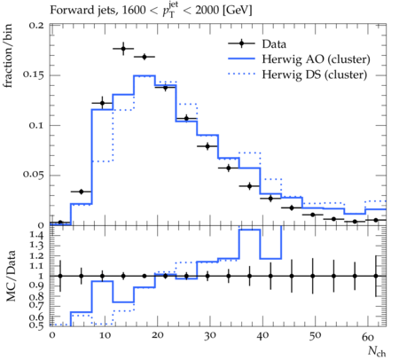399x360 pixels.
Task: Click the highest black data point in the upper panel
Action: (x=123, y=49)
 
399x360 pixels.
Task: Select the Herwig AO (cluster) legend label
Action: (x=316, y=59)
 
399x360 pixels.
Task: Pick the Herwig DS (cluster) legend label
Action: (x=315, y=74)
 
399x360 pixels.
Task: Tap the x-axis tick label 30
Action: (x=210, y=336)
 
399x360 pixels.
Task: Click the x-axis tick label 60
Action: (x=368, y=337)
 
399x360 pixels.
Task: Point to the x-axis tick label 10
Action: (x=105, y=336)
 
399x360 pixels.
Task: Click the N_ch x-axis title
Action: (x=377, y=351)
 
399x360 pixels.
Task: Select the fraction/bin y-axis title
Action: (x=8, y=56)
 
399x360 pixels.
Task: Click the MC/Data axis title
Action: (x=11, y=276)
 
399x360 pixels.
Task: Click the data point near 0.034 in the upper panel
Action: (x=82, y=192)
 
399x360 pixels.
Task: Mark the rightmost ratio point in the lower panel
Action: (x=376, y=276)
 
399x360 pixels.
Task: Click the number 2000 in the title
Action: (x=207, y=10)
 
